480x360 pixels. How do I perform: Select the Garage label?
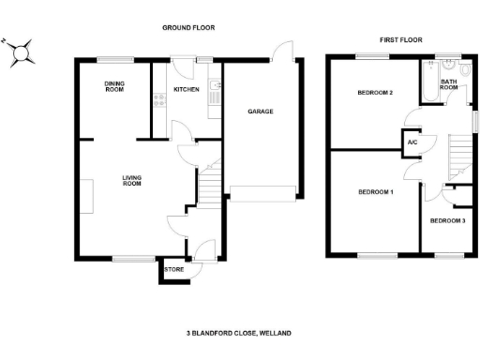tap(260, 112)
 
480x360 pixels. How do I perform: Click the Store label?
tap(174, 270)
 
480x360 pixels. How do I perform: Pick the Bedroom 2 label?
tap(374, 93)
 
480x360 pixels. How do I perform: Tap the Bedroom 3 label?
tap(446, 220)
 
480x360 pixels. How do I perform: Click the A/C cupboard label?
tap(411, 142)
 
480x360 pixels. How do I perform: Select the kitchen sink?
tap(216, 90)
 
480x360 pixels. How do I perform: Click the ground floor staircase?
tap(210, 183)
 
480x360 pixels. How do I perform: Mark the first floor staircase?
tap(458, 155)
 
